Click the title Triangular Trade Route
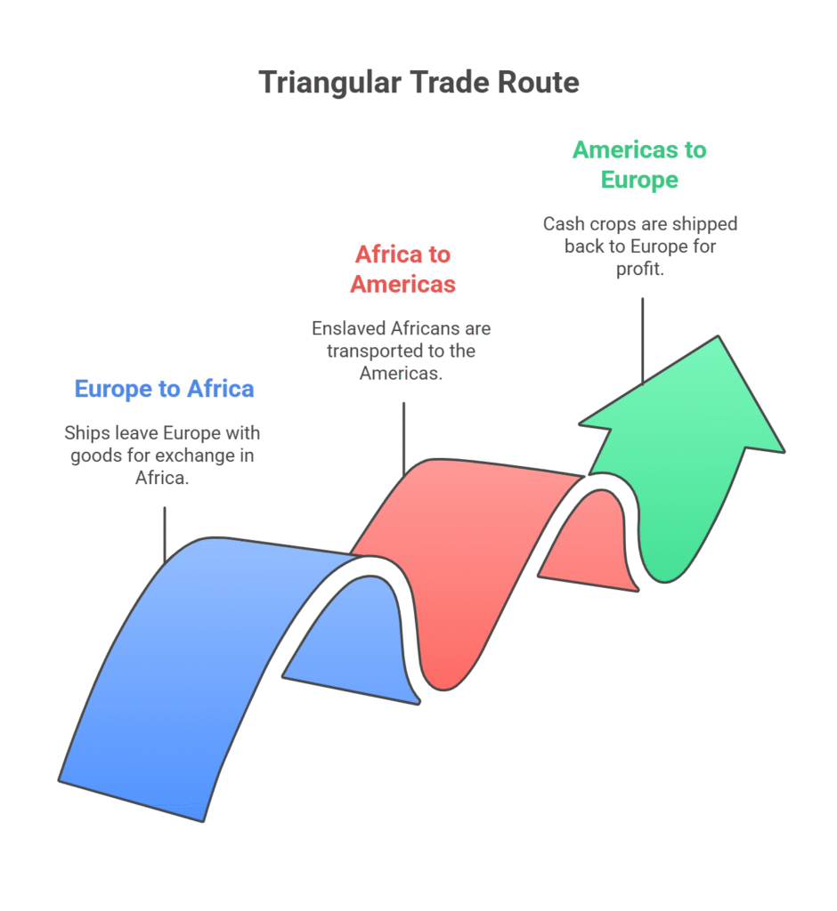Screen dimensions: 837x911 [x=418, y=83]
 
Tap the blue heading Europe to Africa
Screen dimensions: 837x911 [x=164, y=389]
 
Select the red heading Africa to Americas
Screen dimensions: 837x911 [x=403, y=269]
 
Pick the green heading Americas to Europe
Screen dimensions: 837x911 [x=639, y=165]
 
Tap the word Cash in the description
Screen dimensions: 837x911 [x=564, y=223]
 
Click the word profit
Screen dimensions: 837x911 [x=640, y=269]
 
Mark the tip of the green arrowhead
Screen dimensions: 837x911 [x=719, y=336]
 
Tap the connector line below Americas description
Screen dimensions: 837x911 [x=642, y=341]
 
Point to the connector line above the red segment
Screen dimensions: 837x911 [x=403, y=439]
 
